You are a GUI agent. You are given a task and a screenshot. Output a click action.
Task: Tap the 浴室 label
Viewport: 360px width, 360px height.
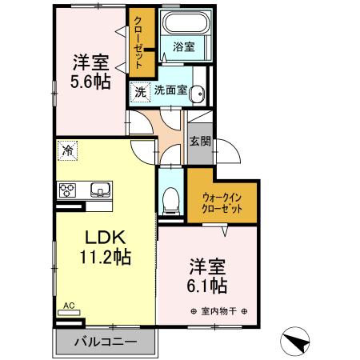pyautogui.click(x=183, y=47)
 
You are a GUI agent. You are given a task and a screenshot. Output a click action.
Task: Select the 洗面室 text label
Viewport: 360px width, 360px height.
pyautogui.click(x=171, y=90)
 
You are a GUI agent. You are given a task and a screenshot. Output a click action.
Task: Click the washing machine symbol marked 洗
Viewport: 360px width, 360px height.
pyautogui.click(x=141, y=91)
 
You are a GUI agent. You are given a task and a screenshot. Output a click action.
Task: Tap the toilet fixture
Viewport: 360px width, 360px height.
pyautogui.click(x=170, y=200)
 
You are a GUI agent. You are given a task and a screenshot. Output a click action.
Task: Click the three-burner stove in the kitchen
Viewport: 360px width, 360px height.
pyautogui.click(x=67, y=190)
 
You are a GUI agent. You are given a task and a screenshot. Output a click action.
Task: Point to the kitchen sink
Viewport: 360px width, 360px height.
pyautogui.click(x=101, y=190)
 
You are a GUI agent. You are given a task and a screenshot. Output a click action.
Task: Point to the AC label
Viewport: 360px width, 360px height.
pyautogui.click(x=69, y=306)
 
